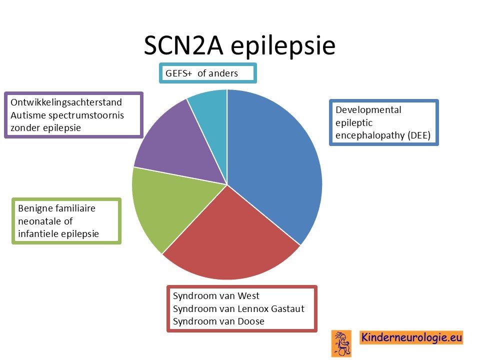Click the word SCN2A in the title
(183, 46)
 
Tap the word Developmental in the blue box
(368, 110)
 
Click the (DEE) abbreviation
(419, 135)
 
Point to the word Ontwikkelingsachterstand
(66, 102)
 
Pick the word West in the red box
(248, 296)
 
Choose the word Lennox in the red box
(253, 309)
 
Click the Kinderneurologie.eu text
(411, 337)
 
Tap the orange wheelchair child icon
(341, 343)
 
